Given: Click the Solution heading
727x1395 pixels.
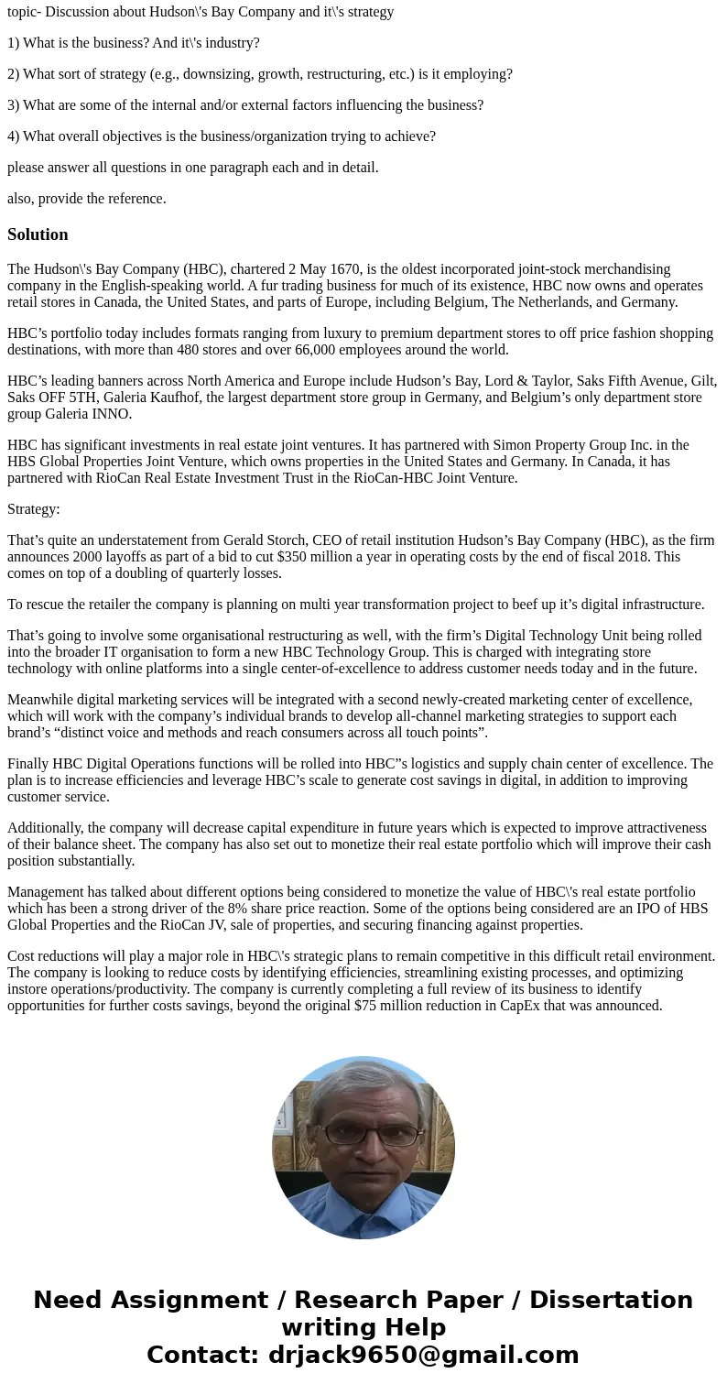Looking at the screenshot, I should tap(38, 234).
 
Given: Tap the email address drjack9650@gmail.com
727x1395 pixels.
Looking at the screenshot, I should tap(423, 1356).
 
